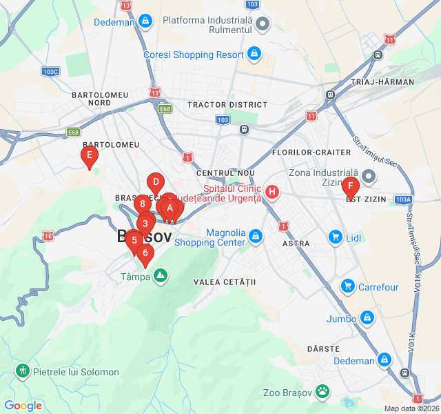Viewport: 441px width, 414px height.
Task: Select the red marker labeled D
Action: [x=156, y=184]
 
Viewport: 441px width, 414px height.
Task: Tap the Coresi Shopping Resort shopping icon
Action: [x=254, y=54]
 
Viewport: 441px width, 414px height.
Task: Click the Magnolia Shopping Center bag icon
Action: [x=256, y=237]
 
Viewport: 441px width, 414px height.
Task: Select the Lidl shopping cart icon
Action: [x=336, y=237]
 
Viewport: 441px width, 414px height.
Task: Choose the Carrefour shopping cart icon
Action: [x=347, y=286]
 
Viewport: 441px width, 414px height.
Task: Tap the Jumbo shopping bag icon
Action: [x=368, y=318]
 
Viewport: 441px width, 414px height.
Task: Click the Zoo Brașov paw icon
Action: [x=322, y=393]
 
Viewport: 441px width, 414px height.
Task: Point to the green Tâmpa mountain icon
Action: [x=161, y=277]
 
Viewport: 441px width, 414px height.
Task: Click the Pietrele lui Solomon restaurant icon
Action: [x=23, y=371]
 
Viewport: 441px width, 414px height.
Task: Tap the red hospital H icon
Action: [x=272, y=193]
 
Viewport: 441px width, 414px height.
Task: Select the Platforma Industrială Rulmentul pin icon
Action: [x=263, y=26]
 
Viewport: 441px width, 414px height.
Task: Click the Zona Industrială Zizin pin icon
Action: [x=369, y=177]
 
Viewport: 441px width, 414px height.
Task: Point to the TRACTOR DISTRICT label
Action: [x=227, y=105]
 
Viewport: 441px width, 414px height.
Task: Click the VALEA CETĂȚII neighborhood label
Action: [x=225, y=282]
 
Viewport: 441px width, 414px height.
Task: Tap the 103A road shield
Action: [x=404, y=199]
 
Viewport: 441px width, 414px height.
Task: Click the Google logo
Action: [x=23, y=406]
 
